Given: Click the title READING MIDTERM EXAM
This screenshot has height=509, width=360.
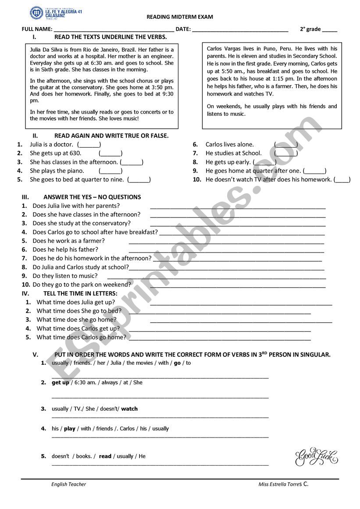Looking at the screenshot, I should (x=180, y=17).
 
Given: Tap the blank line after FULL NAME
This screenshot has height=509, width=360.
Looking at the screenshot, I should (x=114, y=30).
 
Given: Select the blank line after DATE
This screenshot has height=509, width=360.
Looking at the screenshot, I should (x=240, y=30).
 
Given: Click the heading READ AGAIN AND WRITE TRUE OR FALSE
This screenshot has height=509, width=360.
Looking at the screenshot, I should (x=111, y=136).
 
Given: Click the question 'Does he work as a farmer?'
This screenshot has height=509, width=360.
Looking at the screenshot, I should (x=69, y=241).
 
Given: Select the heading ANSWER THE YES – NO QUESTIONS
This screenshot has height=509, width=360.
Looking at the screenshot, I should (x=92, y=197).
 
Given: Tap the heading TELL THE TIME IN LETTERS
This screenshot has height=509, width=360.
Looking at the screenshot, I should (x=80, y=293).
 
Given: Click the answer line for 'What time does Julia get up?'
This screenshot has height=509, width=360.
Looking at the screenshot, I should (x=241, y=303).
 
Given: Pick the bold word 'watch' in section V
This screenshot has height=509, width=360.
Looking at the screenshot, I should (x=129, y=409).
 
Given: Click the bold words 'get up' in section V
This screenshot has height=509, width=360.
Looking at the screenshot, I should (x=61, y=382).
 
